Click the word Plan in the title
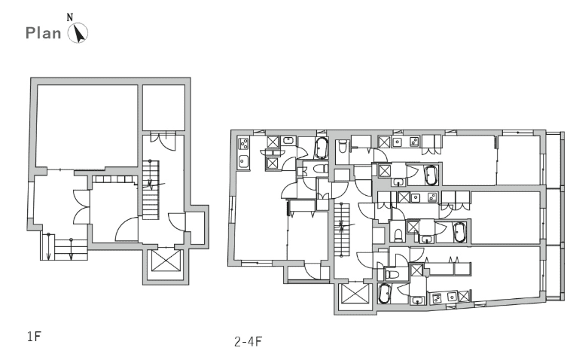(x=44, y=33)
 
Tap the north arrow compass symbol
(x=78, y=33)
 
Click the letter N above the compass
(x=70, y=17)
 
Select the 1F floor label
(x=34, y=336)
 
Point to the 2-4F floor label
(x=248, y=341)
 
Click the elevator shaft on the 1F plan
(x=166, y=261)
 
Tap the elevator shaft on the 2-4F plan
(x=355, y=294)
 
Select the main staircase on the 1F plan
(x=151, y=190)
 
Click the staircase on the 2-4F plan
(x=342, y=230)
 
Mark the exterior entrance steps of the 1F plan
(x=64, y=247)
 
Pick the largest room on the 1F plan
(x=87, y=127)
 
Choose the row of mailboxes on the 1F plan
(x=114, y=179)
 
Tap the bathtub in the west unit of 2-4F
(x=322, y=148)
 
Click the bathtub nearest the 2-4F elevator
(x=384, y=294)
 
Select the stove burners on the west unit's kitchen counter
(x=243, y=143)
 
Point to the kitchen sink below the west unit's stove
(x=243, y=161)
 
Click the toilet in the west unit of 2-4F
(x=320, y=169)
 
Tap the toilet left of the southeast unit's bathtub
(x=392, y=273)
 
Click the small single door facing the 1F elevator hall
(x=176, y=222)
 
